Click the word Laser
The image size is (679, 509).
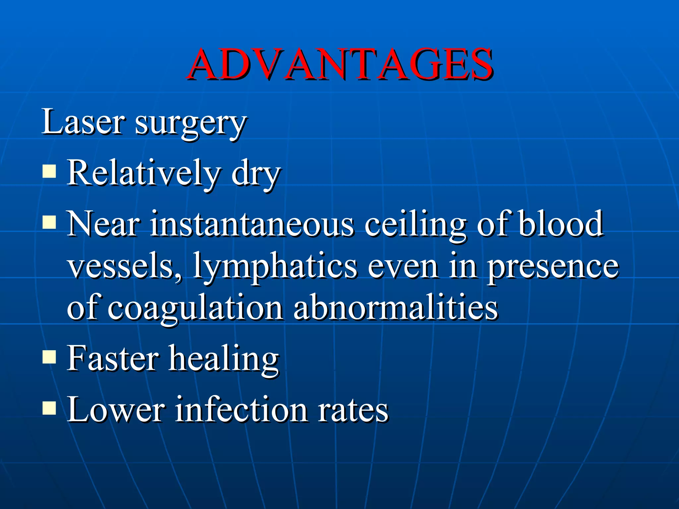[x=83, y=122]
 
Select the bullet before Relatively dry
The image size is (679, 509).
[x=49, y=172]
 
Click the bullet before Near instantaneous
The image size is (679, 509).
[x=49, y=222]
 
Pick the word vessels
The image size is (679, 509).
[x=121, y=266]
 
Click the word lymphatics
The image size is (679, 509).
[x=275, y=268]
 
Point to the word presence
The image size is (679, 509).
[x=552, y=268]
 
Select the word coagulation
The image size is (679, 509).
[x=195, y=309]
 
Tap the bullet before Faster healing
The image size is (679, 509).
[x=49, y=357]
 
